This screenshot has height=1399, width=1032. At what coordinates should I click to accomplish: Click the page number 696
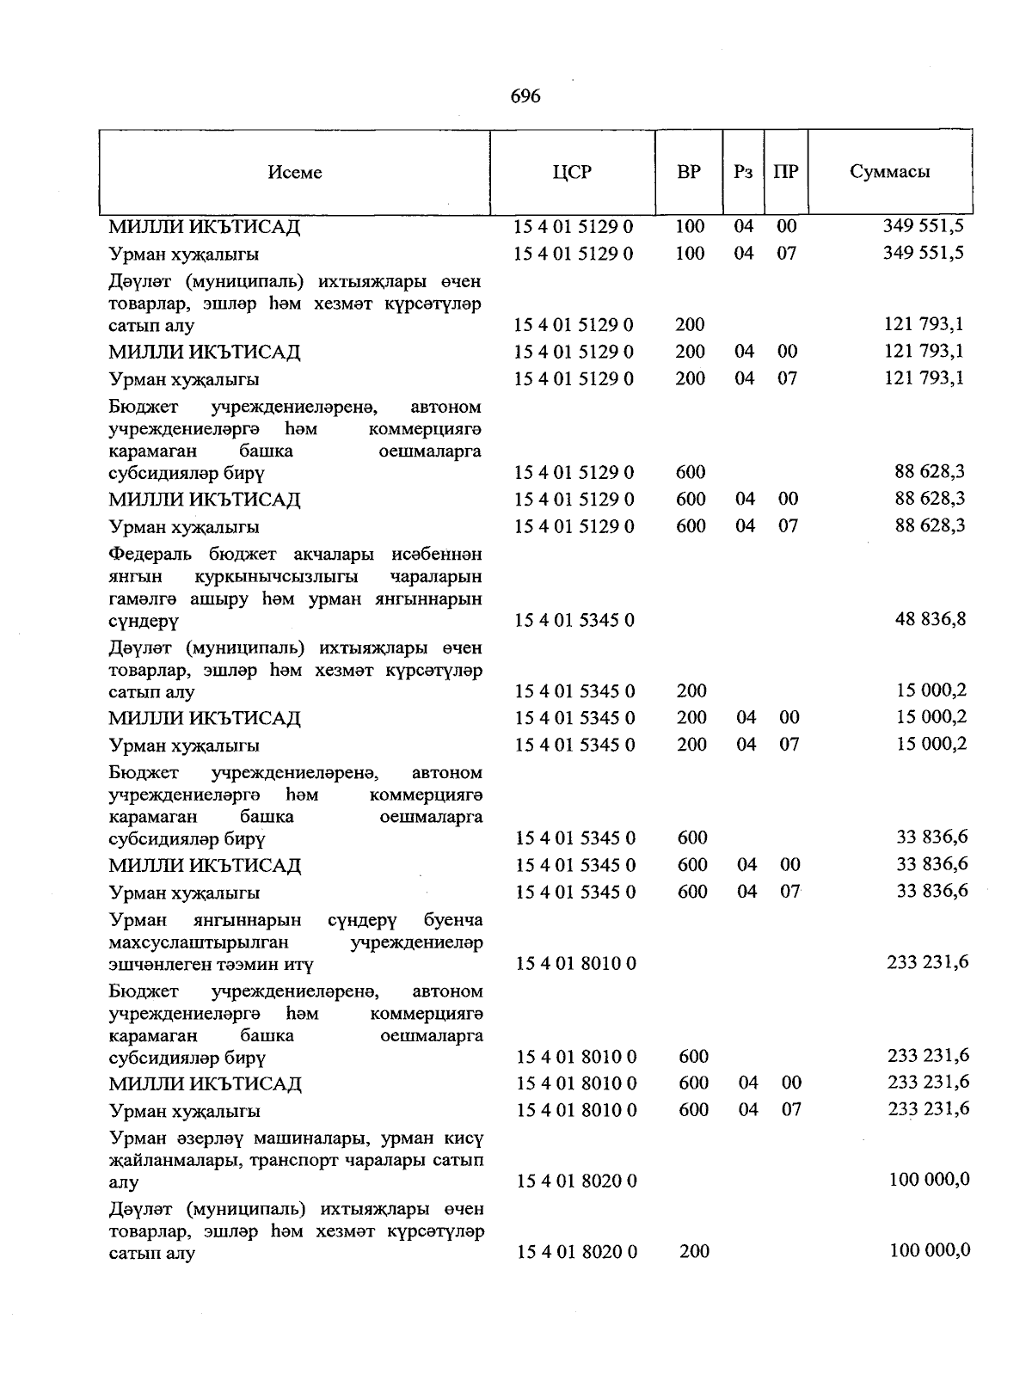click(525, 96)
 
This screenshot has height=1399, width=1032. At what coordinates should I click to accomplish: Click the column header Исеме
click(295, 172)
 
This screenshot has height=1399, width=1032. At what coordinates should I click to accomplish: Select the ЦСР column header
click(573, 171)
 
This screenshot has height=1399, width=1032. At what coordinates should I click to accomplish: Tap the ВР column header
click(689, 171)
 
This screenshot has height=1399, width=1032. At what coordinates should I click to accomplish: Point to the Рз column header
click(743, 171)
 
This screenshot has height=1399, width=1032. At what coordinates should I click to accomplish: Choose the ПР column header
click(785, 171)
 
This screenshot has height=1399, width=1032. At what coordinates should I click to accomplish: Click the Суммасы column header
click(890, 171)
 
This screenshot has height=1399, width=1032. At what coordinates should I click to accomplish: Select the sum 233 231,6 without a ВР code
click(927, 962)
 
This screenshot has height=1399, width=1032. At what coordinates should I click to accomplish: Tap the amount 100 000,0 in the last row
click(929, 1250)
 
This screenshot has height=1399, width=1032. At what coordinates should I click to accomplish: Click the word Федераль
click(153, 555)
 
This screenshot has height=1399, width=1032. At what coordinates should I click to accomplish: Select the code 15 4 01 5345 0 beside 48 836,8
click(574, 620)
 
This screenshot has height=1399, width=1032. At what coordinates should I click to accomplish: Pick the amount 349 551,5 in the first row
click(923, 226)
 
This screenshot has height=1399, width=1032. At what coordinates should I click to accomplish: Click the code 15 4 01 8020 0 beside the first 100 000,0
click(576, 1181)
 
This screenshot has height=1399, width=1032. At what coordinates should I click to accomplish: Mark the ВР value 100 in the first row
click(690, 226)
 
